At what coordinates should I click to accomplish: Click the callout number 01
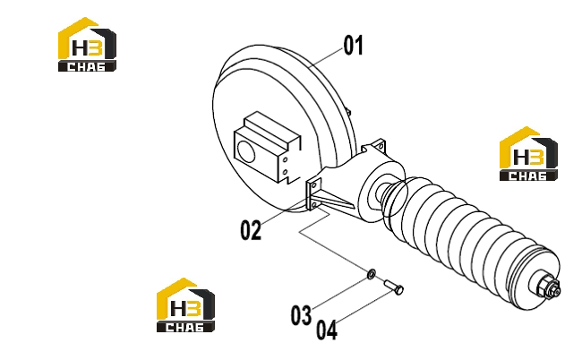click(353, 46)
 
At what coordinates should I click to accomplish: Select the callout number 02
click(251, 230)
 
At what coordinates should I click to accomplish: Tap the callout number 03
click(301, 315)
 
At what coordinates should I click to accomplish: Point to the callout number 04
click(327, 330)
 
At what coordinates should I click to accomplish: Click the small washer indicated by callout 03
click(372, 274)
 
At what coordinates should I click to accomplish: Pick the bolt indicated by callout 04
click(394, 287)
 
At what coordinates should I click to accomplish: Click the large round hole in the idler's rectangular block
click(245, 152)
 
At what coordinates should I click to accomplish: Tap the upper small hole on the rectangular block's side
click(285, 159)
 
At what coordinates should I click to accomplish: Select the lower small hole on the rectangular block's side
click(285, 172)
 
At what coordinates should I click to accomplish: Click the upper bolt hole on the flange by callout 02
click(315, 185)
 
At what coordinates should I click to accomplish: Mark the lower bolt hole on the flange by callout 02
click(314, 204)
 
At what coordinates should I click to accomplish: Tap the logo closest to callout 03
click(185, 305)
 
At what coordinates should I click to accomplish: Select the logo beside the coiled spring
click(528, 154)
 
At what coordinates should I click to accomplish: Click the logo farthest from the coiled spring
click(87, 45)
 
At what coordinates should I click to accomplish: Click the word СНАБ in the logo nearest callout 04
click(184, 328)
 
